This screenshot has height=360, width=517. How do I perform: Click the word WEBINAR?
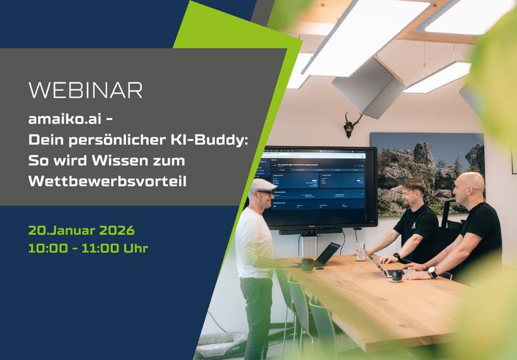click(85, 90)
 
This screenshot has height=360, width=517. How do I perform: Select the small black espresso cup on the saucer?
click(397, 276)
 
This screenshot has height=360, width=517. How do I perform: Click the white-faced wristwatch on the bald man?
click(432, 272)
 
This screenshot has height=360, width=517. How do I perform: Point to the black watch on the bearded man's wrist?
click(396, 257)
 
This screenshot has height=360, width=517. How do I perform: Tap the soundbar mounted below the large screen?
click(310, 232)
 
